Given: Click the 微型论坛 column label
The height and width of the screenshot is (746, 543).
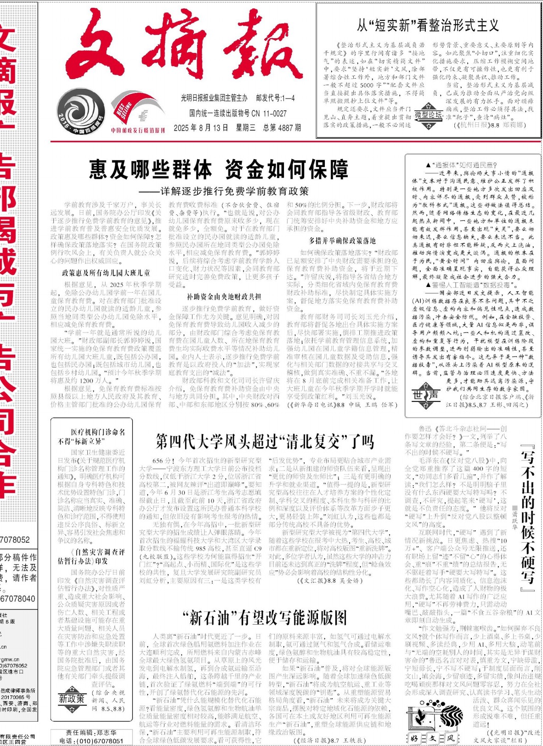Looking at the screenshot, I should tap(428, 115).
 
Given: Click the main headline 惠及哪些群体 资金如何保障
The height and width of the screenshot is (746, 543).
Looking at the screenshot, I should tap(219, 170).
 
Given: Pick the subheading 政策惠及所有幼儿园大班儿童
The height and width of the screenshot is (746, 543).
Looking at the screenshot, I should tap(106, 273).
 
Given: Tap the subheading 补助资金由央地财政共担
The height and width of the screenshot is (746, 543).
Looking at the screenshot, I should tap(224, 297).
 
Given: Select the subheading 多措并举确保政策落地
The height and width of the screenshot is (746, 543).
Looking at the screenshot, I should tap(342, 241).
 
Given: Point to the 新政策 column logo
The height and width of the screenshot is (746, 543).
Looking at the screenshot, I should tap(71, 699).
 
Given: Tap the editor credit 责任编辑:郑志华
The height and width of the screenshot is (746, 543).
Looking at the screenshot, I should tap(91, 732).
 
